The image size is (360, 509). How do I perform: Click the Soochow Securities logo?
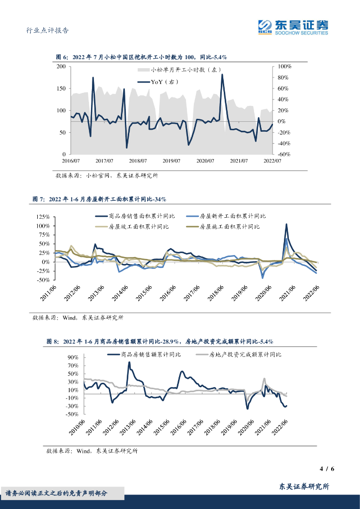click(293, 27)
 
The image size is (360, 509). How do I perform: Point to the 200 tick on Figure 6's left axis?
click(61, 66)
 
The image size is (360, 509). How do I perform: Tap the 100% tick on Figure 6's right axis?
click(284, 66)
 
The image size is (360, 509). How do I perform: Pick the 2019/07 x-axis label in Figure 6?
click(171, 161)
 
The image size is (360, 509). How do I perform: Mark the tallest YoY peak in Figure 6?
click(222, 75)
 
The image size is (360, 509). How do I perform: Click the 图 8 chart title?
click(160, 341)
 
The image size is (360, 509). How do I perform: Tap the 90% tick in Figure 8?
click(73, 357)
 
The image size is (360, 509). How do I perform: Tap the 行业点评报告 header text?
click(47, 30)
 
